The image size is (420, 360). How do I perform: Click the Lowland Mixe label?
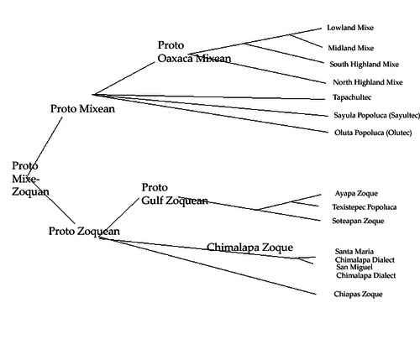(350, 28)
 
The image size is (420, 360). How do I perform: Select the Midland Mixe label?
(351, 48)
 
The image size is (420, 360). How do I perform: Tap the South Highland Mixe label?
(365, 65)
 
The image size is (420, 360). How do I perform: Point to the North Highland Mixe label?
(368, 82)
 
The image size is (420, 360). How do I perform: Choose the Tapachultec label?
(352, 97)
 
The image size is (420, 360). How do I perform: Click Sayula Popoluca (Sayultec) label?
(377, 115)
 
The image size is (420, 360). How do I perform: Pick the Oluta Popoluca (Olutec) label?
(373, 133)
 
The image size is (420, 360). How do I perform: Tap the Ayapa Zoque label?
(356, 193)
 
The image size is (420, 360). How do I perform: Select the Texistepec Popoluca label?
(365, 207)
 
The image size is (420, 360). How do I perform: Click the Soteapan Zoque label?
(358, 221)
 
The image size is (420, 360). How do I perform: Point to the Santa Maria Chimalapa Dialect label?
(365, 256)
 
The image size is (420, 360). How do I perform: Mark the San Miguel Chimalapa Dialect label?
(366, 271)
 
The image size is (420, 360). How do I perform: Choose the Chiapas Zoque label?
(358, 295)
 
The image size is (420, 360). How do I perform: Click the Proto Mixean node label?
(82, 109)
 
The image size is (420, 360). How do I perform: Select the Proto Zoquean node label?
(84, 232)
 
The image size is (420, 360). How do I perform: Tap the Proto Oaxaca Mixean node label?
(194, 52)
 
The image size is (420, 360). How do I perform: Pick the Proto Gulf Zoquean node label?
(175, 194)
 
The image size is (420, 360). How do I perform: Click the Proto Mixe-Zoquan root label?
(30, 179)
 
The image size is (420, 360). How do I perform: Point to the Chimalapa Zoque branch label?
(250, 248)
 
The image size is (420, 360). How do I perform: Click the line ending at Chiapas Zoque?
(207, 266)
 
